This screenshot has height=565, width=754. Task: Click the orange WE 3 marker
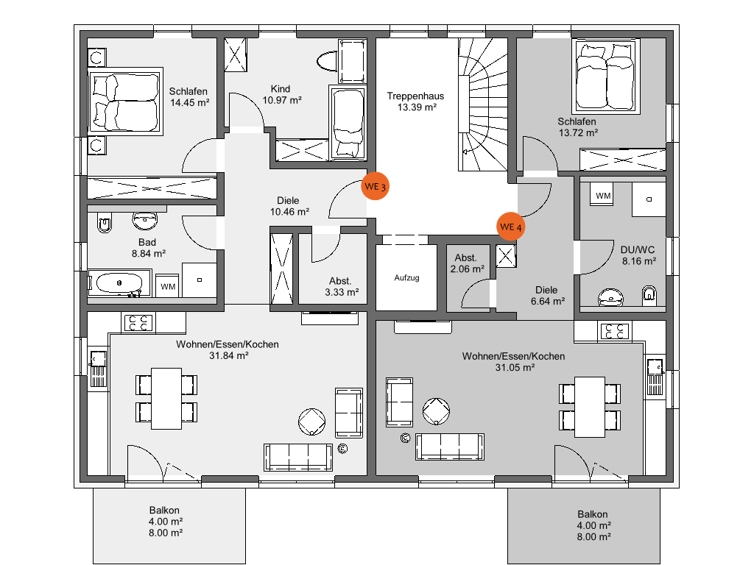[x=375, y=186]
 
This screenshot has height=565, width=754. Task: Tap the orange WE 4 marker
[x=511, y=227]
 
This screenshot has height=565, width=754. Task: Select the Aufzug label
[x=406, y=277]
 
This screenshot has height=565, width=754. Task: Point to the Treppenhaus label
[x=415, y=96]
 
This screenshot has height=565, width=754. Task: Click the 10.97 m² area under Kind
[x=282, y=100]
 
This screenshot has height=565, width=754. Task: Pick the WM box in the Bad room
[x=167, y=286]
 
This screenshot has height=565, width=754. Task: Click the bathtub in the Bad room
[x=119, y=283]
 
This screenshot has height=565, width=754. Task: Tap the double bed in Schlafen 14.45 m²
[x=125, y=102]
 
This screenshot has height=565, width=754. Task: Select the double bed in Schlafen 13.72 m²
[x=606, y=77]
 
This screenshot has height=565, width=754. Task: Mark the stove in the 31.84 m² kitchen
[x=138, y=323]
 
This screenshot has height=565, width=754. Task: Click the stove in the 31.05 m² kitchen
[x=615, y=331]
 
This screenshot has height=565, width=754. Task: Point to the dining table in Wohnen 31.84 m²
[x=166, y=398]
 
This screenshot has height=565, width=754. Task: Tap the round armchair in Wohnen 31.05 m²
[x=436, y=411]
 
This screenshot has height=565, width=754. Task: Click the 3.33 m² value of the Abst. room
[x=342, y=292]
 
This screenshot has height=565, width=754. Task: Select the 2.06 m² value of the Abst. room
[x=468, y=269]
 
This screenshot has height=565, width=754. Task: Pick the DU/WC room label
[x=638, y=250]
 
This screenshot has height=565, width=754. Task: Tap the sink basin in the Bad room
[x=144, y=220]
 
